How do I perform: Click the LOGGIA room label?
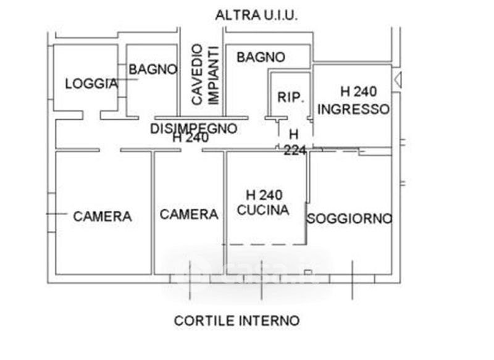pyautogui.click(x=91, y=83)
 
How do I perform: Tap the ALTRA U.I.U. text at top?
pyautogui.click(x=256, y=15)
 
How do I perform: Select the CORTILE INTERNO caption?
pyautogui.click(x=237, y=320)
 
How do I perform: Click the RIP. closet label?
pyautogui.click(x=290, y=98)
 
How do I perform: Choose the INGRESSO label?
pyautogui.click(x=353, y=109)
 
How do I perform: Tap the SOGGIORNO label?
pyautogui.click(x=350, y=218)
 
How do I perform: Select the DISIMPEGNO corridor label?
pyautogui.click(x=194, y=128)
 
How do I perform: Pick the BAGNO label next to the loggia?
pyautogui.click(x=153, y=70)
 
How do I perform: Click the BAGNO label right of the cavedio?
pyautogui.click(x=261, y=57)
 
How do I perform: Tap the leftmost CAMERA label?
pyautogui.click(x=103, y=217)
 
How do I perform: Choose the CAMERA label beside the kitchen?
pyautogui.click(x=189, y=214)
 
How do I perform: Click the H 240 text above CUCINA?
pyautogui.click(x=263, y=195)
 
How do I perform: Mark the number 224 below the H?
pyautogui.click(x=295, y=149)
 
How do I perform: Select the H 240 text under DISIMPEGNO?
pyautogui.click(x=190, y=139)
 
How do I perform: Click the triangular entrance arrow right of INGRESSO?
pyautogui.click(x=398, y=80)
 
